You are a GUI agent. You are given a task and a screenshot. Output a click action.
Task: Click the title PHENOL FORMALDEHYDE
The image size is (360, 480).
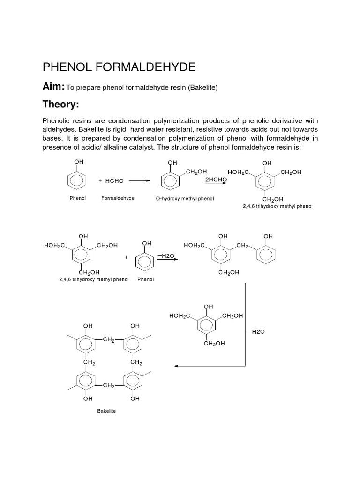point(119,67)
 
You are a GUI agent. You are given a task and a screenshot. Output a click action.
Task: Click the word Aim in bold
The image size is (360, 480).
point(53,86)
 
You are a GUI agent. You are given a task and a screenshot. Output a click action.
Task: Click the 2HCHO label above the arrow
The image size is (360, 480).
point(216,179)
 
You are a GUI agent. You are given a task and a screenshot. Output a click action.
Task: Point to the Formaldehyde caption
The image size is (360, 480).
point(118,198)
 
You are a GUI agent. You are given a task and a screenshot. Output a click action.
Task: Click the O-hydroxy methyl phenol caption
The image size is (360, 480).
point(185,199)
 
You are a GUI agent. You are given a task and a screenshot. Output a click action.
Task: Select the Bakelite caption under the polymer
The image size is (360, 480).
point(106,411)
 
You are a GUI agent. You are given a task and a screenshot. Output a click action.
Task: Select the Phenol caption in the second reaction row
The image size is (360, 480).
point(146,279)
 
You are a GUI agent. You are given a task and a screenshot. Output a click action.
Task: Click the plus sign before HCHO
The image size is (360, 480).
point(100,180)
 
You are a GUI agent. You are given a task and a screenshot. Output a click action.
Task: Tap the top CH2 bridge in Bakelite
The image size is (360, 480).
point(108,340)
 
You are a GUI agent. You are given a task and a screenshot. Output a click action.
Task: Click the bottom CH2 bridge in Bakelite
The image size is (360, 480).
point(108,385)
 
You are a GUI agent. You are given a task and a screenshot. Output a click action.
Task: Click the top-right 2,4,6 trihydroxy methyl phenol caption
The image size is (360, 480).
point(277,206)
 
